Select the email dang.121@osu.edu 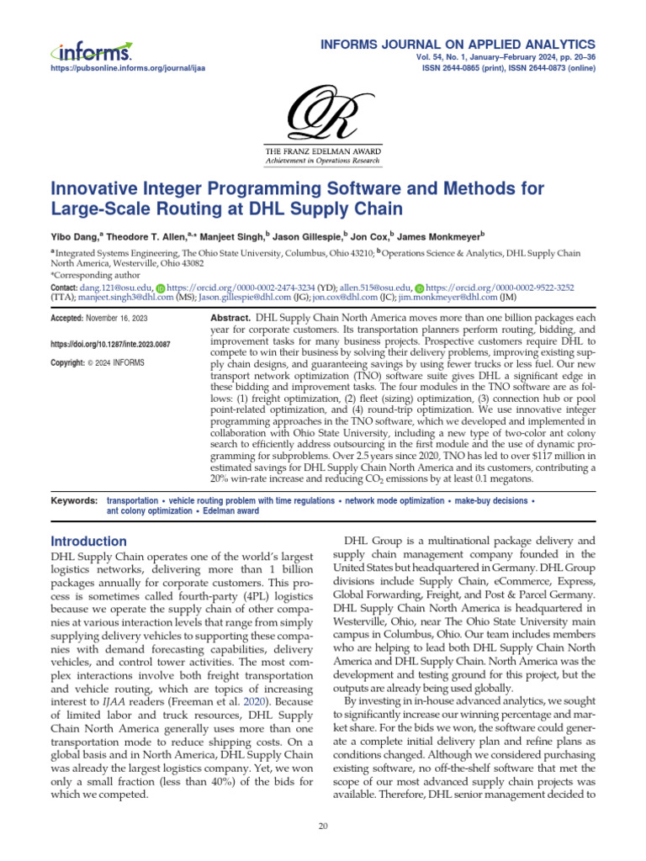pos(116,288)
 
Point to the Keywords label pos(74,500)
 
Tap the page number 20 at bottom pos(323,827)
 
